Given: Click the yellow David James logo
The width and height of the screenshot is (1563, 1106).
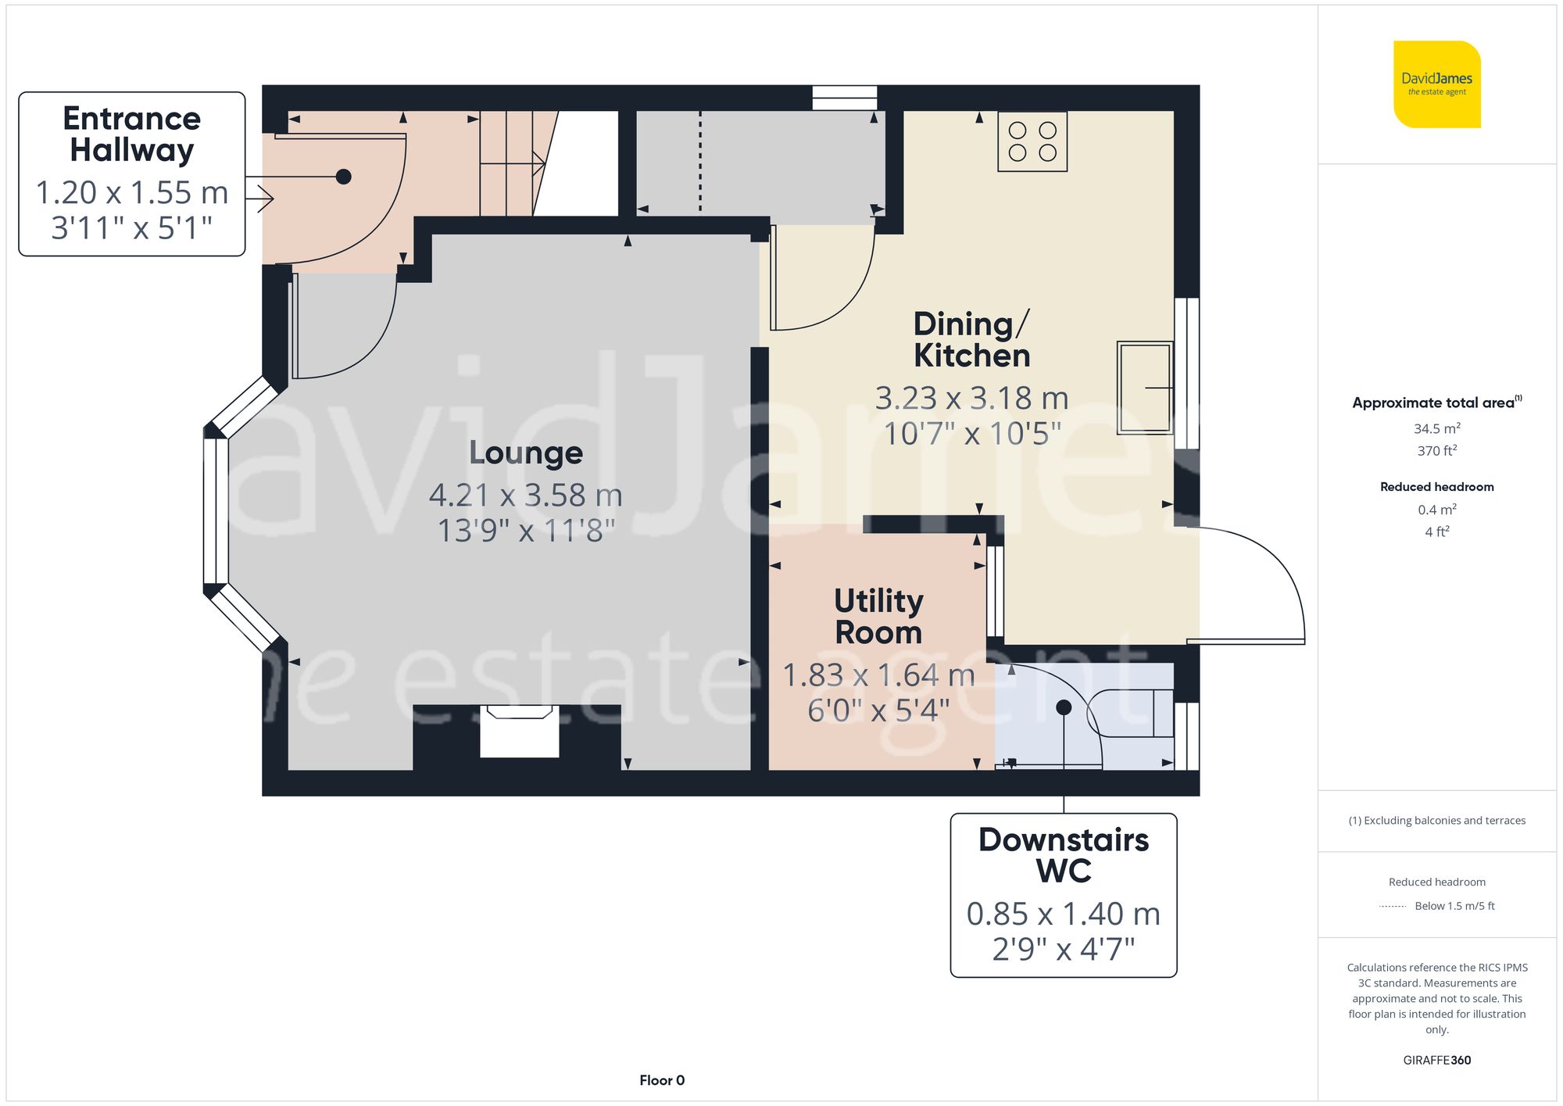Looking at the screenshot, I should (x=1436, y=84).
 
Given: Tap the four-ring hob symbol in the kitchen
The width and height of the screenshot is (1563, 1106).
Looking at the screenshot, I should (x=1032, y=141).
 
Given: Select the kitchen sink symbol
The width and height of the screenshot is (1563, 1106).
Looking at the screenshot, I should (x=1144, y=387).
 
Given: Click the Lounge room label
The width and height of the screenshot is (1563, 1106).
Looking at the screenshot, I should (x=525, y=453).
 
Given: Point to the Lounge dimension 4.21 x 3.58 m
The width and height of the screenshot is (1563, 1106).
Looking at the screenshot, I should (x=525, y=496).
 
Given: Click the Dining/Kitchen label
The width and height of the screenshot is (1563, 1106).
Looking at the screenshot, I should (x=971, y=339).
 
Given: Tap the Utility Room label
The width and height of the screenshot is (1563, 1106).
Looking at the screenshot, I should (x=878, y=616).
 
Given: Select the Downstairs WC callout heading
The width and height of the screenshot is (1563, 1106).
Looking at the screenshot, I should (x=1063, y=854).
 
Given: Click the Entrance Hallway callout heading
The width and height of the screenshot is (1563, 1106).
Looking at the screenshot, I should (x=131, y=134).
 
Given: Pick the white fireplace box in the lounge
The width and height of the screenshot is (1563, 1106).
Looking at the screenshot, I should (x=519, y=732).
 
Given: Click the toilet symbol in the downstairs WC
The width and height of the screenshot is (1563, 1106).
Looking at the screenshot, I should (x=1130, y=713).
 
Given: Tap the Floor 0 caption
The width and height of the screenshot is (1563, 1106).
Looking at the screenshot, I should (x=661, y=1080).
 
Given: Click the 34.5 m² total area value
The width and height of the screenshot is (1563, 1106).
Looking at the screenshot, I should (x=1436, y=428).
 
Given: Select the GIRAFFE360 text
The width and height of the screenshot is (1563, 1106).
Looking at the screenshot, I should (x=1436, y=1060).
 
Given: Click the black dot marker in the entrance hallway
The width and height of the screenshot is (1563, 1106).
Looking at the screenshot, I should (x=343, y=177).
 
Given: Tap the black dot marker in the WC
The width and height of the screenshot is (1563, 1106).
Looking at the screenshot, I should (x=1064, y=707).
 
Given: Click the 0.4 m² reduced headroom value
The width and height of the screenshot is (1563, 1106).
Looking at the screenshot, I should (x=1436, y=510).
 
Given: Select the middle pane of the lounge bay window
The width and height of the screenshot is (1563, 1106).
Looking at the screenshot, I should (x=216, y=510).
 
